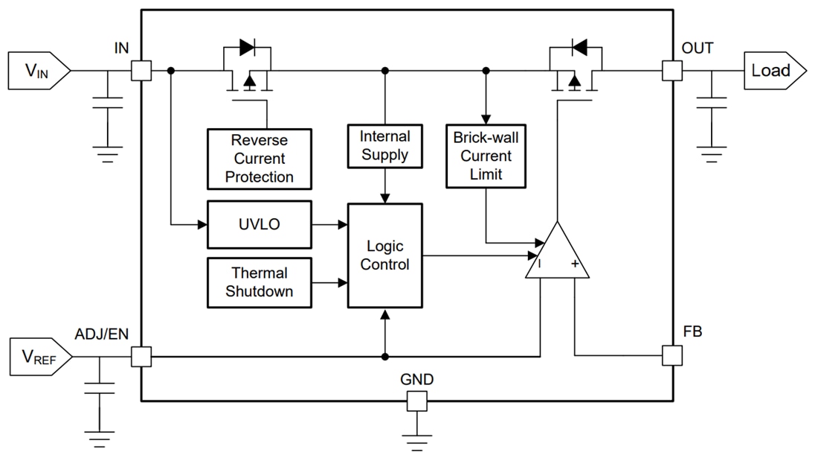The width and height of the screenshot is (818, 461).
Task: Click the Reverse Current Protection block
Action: click(x=259, y=158)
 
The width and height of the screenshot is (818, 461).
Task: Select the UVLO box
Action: click(x=259, y=224)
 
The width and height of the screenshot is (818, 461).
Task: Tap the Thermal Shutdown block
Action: click(x=259, y=282)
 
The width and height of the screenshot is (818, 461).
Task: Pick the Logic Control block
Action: click(x=384, y=255)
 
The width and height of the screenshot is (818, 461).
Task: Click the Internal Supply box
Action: click(x=384, y=146)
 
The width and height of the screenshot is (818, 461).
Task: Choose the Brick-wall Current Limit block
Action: click(x=486, y=156)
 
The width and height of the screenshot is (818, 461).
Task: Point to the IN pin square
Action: click(x=141, y=71)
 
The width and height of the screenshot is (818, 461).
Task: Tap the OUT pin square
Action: click(x=672, y=71)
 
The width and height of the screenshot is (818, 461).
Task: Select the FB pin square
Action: click(x=672, y=355)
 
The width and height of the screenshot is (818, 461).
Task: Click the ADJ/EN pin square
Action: click(x=141, y=357)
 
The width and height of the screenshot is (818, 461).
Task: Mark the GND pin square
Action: click(x=416, y=401)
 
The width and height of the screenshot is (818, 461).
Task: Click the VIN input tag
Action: click(x=38, y=71)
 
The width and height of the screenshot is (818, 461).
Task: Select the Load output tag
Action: click(x=774, y=71)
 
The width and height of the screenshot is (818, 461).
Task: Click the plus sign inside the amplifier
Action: click(x=575, y=264)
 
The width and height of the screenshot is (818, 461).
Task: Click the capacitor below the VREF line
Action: click(x=99, y=388)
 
